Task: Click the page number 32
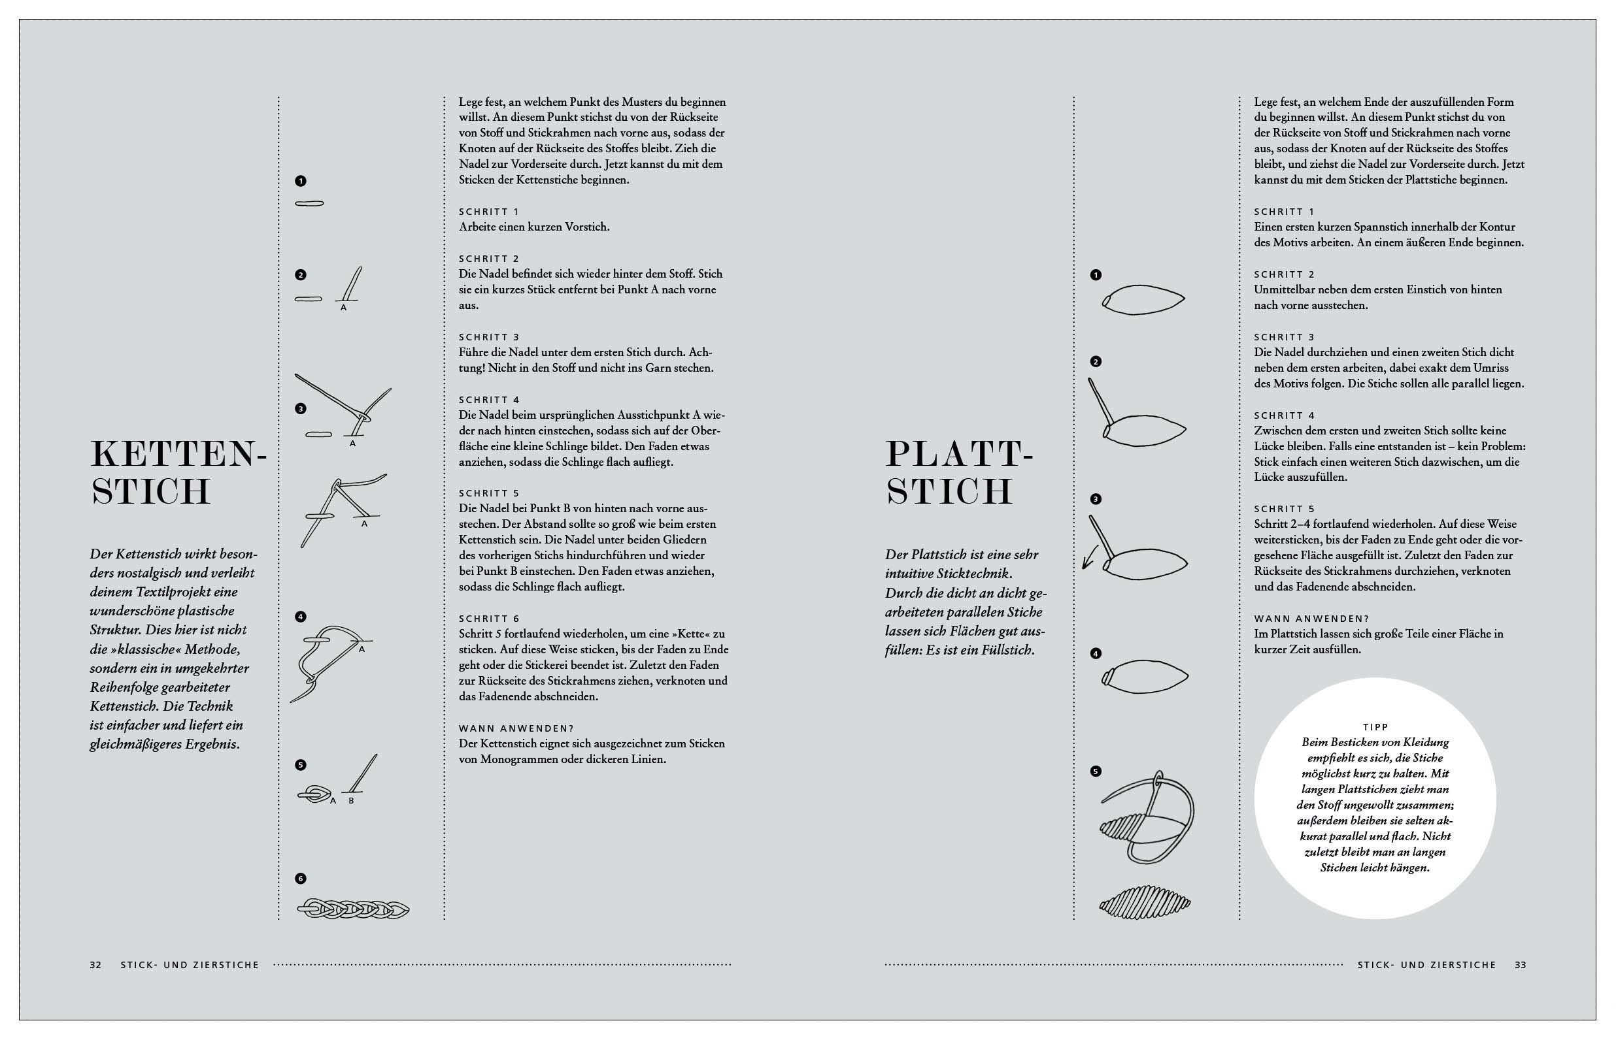(x=95, y=965)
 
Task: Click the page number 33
(x=1520, y=965)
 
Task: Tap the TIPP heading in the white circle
(x=1375, y=726)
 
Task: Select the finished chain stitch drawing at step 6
(x=353, y=909)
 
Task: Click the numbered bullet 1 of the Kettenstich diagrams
(x=301, y=181)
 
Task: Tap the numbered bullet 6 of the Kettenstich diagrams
(x=301, y=879)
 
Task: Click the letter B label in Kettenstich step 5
(x=351, y=801)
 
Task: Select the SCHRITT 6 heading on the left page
(x=489, y=619)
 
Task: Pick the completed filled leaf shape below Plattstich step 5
(x=1145, y=902)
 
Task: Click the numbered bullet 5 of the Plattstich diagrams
(x=1096, y=772)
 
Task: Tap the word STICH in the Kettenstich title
(x=151, y=492)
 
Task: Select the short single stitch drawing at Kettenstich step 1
(x=309, y=204)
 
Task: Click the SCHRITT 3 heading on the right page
(x=1285, y=337)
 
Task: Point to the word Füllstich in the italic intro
(x=1005, y=651)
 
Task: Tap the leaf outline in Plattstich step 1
(x=1144, y=299)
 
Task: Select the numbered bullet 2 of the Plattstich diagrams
(x=1096, y=362)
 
